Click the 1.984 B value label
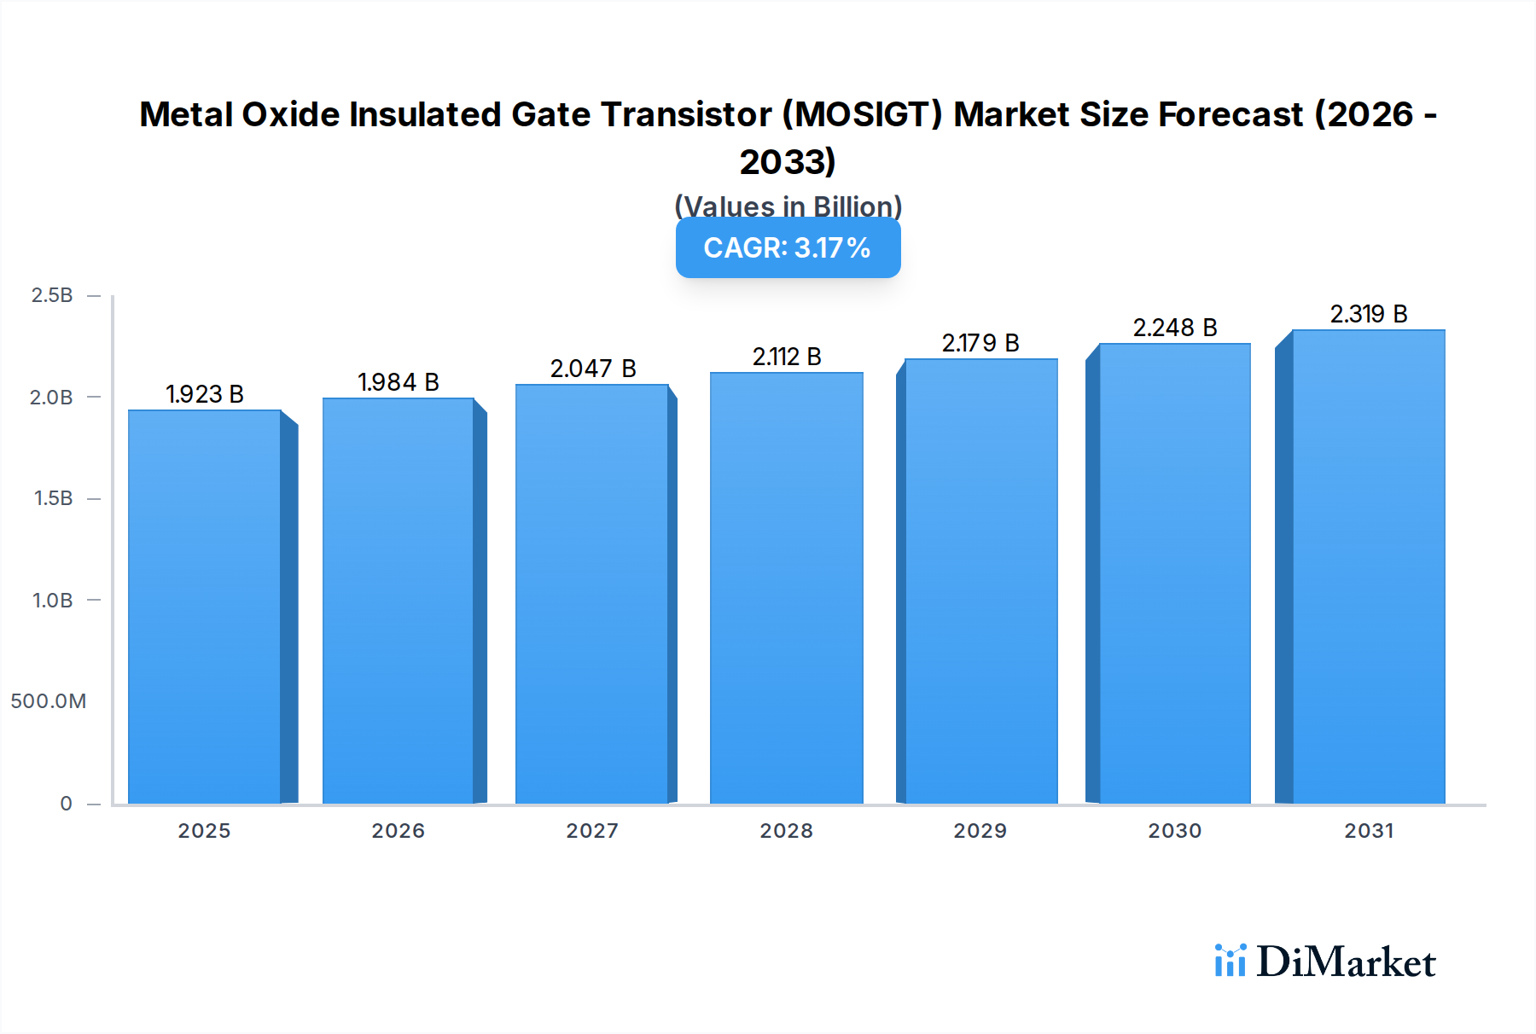pos(398,382)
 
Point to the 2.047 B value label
pos(592,369)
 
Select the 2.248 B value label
pos(1174,328)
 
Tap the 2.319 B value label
pos(1368,314)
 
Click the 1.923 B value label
pos(205,394)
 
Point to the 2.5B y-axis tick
pos(52,295)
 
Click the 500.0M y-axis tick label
pos(49,701)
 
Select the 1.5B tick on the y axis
pos(53,498)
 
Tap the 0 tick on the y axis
pos(66,804)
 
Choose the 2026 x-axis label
pos(398,831)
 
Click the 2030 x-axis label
pos(1174,831)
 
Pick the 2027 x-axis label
pos(592,831)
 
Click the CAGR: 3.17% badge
pos(788,248)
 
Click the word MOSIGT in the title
pos(862,114)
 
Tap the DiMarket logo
pos(1325,961)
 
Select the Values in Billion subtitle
pos(788,206)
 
